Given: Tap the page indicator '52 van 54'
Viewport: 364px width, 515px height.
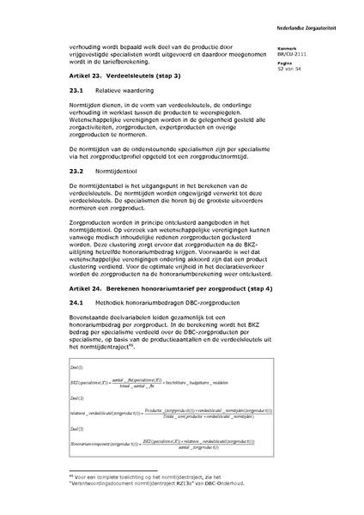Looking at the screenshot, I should (x=295, y=67).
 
